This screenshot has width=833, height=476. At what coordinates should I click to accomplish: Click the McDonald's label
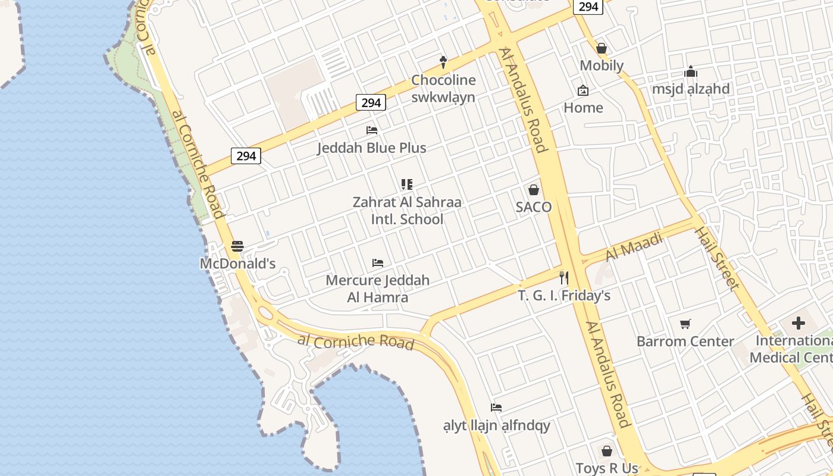tap(237, 264)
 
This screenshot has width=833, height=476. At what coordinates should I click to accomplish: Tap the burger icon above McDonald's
tap(237, 246)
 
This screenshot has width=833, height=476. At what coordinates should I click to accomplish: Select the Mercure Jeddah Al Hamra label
tap(378, 289)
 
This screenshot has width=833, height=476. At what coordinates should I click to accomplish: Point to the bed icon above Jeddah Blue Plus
tap(372, 130)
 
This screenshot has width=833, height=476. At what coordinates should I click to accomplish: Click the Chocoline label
tap(443, 80)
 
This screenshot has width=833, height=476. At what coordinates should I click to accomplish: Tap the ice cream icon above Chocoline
tap(443, 61)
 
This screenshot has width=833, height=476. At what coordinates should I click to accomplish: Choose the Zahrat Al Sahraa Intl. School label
tap(407, 211)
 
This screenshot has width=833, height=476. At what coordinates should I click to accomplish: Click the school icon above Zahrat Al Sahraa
tap(407, 184)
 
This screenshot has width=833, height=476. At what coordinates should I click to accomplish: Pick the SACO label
tap(534, 207)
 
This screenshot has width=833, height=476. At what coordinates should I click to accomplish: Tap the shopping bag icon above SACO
tap(534, 190)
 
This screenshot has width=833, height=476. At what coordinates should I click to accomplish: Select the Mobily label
tap(602, 65)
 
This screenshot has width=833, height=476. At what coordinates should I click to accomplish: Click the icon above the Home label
tap(583, 90)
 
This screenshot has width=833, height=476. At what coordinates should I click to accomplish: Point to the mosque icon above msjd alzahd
tap(691, 72)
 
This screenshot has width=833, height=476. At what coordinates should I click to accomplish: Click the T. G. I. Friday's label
tap(564, 296)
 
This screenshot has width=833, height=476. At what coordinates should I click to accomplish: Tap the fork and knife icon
tap(563, 278)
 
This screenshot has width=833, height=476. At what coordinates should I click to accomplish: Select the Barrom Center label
tap(685, 342)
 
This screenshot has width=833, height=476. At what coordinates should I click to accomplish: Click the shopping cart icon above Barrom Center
tap(685, 324)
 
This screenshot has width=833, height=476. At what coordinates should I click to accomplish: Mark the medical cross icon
tap(798, 324)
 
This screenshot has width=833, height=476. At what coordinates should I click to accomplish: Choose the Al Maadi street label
tap(634, 247)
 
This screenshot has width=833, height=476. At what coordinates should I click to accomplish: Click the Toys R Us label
tap(607, 468)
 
